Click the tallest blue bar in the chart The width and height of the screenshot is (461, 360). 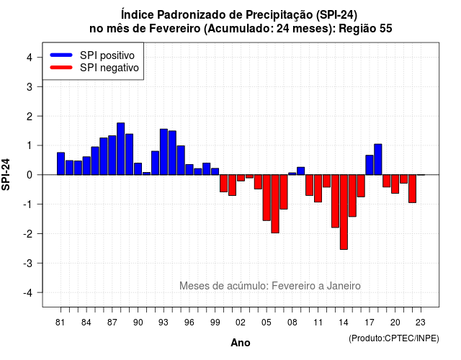120,149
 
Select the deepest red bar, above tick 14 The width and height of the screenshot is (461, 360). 344,212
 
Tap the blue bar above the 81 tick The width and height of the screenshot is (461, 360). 61,163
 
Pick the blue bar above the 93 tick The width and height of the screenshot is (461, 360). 164,152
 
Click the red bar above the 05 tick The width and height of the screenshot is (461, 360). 267,198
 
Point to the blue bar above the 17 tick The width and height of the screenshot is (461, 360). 370,165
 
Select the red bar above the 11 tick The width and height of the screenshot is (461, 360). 318,189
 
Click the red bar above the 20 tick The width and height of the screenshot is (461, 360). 395,184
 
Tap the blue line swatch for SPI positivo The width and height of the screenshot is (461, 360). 61,55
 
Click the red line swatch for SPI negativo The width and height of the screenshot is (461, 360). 61,68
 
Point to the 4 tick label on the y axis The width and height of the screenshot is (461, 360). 30,58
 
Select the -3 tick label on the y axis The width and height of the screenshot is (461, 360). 27,263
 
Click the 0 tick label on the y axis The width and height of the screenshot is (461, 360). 30,175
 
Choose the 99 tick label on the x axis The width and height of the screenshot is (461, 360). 215,323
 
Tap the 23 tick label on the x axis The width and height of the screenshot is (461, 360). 421,323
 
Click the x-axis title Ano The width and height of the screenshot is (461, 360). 241,343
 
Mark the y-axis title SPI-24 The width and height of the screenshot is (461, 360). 6,174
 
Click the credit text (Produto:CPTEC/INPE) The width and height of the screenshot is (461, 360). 394,338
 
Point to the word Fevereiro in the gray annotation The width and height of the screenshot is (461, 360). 292,286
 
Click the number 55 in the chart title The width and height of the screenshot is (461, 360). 386,29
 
